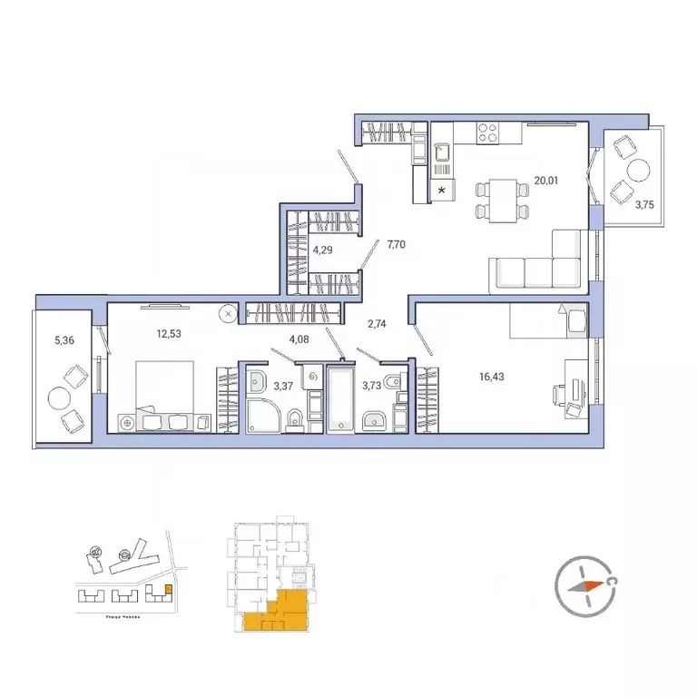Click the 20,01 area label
coord(545,181)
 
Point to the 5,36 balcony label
coord(64,340)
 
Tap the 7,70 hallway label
coord(397,244)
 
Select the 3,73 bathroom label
coord(372,386)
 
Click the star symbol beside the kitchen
coord(442,191)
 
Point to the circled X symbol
coord(229,313)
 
